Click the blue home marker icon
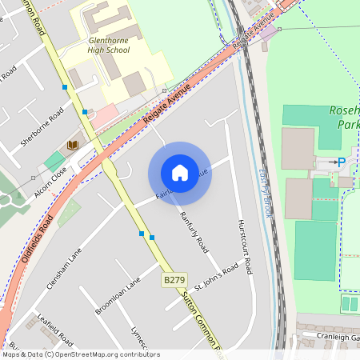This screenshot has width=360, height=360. point(180,173)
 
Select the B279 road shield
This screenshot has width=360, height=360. point(174,280)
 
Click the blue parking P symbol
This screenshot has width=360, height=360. point(342,162)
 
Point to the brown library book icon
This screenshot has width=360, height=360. point(73,144)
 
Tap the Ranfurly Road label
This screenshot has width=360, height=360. point(194,229)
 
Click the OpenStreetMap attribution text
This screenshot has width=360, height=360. point(80,354)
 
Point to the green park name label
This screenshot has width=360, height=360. point(345,118)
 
